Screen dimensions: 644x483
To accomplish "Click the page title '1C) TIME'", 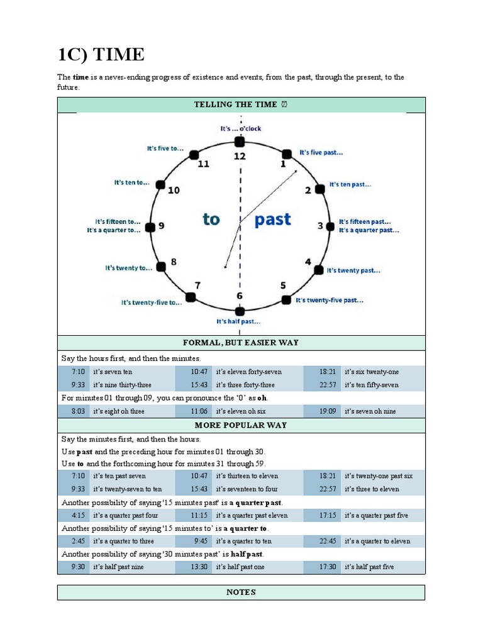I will [x=101, y=55].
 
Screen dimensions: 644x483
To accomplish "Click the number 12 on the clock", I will [x=240, y=155].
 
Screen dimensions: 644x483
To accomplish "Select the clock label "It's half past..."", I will [x=238, y=321].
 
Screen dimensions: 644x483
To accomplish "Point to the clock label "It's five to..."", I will [x=165, y=149].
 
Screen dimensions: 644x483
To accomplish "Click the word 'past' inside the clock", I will [x=273, y=219].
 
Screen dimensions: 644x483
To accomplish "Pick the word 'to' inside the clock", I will [x=211, y=219].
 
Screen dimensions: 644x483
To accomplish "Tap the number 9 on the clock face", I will [x=161, y=225].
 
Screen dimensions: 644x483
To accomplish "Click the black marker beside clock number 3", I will [x=330, y=226].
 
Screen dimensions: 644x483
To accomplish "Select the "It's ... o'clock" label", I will [x=240, y=128].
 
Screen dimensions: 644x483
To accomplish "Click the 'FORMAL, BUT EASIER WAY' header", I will [x=241, y=343].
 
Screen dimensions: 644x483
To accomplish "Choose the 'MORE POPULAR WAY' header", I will [x=241, y=425].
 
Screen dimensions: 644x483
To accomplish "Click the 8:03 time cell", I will [x=78, y=411].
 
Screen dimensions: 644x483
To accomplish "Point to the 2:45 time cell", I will [x=78, y=541].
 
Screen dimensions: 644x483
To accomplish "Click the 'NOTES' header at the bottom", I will [x=241, y=592].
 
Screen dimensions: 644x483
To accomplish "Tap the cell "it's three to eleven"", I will [x=372, y=489].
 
